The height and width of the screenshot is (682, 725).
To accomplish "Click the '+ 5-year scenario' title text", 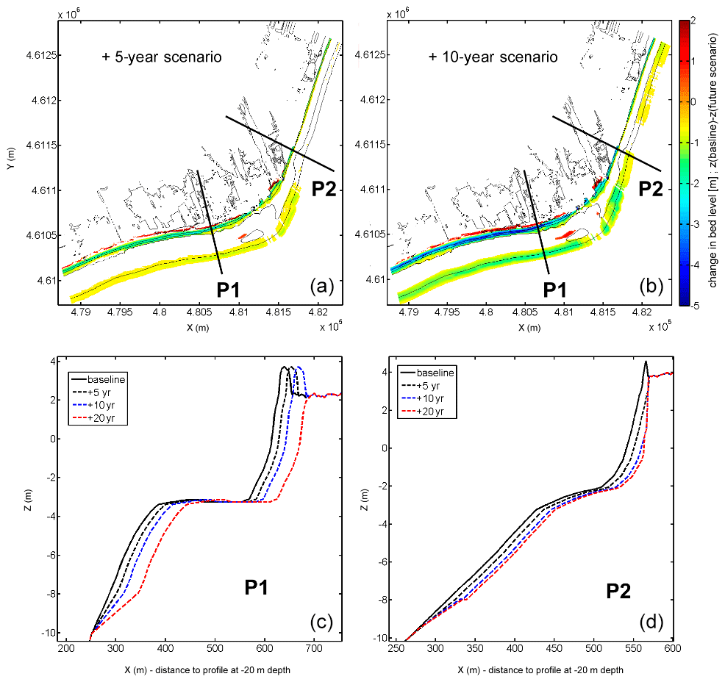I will click(x=162, y=57).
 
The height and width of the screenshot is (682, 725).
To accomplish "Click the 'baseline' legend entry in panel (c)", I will click(x=107, y=379).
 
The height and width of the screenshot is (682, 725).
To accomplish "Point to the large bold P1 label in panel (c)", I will click(x=262, y=587).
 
